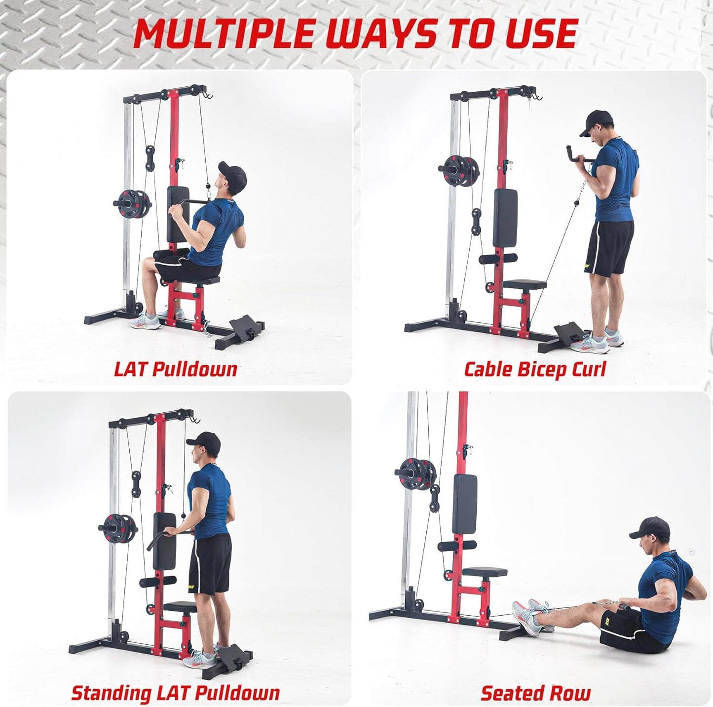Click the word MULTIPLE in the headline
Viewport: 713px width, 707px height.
pyautogui.click(x=224, y=34)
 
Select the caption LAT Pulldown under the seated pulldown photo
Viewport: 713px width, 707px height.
pyautogui.click(x=176, y=369)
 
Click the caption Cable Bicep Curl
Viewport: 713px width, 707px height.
pyautogui.click(x=535, y=369)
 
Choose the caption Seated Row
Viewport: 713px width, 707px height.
pyautogui.click(x=535, y=693)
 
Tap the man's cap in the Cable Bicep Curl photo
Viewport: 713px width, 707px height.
pyautogui.click(x=599, y=121)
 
